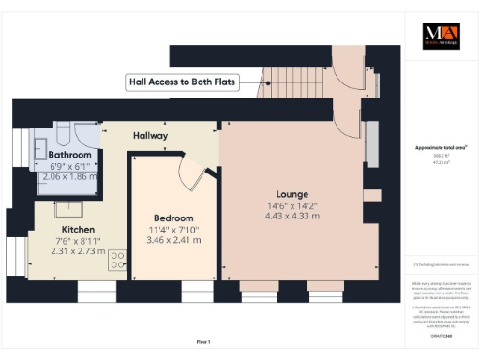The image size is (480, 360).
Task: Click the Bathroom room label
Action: click(x=70, y=155)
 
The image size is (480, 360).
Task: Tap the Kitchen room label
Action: click(x=78, y=230)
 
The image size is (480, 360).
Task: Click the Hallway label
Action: click(x=149, y=136)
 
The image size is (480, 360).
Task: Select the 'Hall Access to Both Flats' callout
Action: click(x=183, y=82)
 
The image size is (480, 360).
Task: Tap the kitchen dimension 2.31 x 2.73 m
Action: click(x=78, y=252)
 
